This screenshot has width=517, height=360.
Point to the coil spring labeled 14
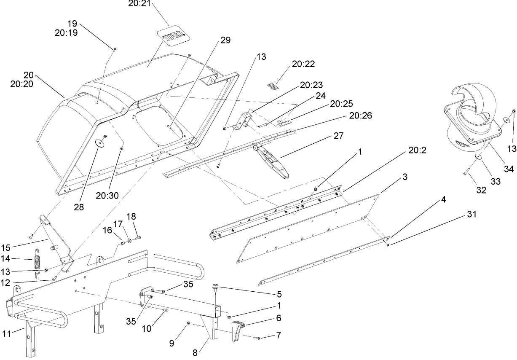point(38,264)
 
